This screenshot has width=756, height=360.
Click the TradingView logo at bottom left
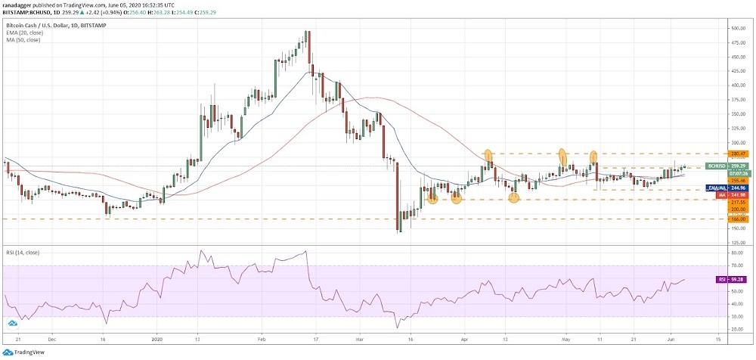[23, 352]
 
